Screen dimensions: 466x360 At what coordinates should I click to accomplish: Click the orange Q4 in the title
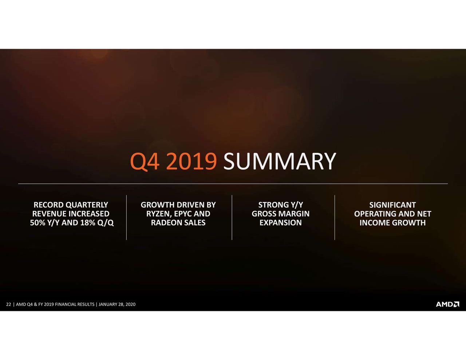click(145, 162)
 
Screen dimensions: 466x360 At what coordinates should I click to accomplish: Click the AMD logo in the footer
click(447, 304)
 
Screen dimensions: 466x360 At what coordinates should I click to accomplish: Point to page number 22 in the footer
click(9, 304)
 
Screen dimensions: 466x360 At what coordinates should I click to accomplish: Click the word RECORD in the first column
click(48, 205)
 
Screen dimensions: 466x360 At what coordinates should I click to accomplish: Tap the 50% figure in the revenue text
click(37, 223)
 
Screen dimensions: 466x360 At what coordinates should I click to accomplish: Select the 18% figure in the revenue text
click(88, 223)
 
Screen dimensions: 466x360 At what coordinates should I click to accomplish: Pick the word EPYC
click(183, 214)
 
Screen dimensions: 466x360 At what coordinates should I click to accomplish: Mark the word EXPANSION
click(280, 223)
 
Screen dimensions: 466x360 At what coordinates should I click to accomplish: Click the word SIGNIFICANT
click(392, 205)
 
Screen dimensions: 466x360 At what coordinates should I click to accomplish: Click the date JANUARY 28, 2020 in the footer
click(117, 304)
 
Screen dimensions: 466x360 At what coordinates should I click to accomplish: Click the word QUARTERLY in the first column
click(87, 205)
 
